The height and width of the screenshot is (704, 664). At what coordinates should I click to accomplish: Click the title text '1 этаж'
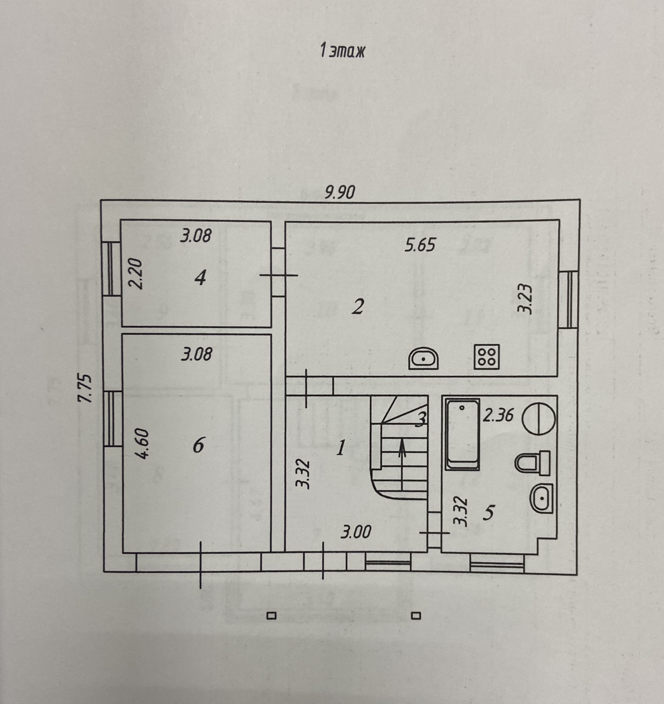point(342,51)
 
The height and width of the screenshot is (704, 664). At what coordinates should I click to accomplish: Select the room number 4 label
point(200,279)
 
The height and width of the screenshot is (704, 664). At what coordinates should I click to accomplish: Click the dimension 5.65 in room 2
point(420,245)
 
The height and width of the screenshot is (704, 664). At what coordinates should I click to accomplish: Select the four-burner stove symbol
point(487,356)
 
